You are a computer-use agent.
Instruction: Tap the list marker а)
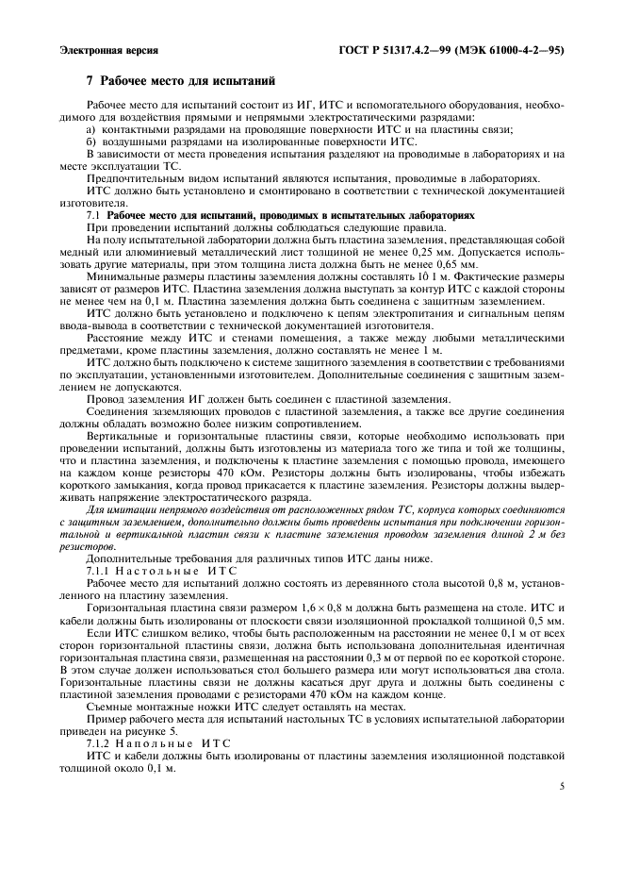[91, 128]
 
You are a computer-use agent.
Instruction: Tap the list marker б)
[91, 141]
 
